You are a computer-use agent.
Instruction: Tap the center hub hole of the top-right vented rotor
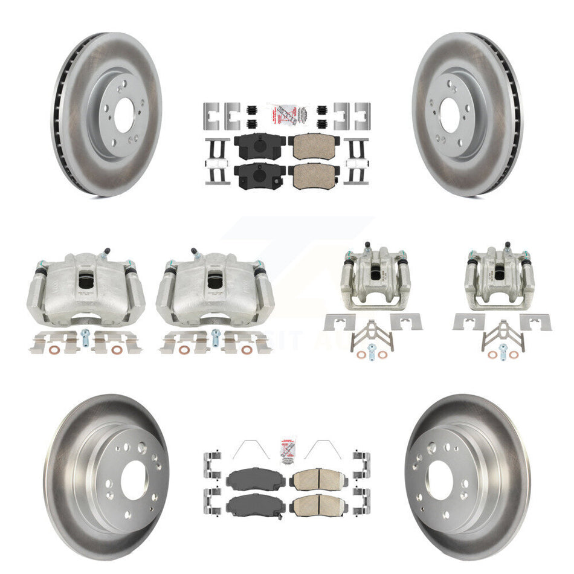pyautogui.click(x=450, y=114)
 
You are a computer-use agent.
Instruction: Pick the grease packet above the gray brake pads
pyautogui.click(x=287, y=451)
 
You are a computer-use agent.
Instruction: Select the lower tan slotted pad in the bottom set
pyautogui.click(x=317, y=505)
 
